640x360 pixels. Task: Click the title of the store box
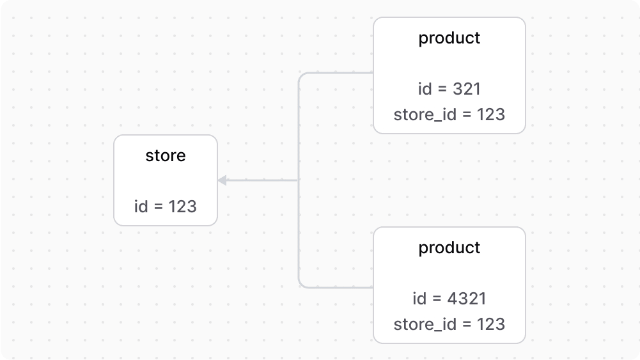click(166, 156)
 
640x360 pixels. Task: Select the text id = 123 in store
click(166, 207)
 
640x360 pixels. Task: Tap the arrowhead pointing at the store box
click(222, 180)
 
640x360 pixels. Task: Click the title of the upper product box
click(449, 38)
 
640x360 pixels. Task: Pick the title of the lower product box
click(449, 248)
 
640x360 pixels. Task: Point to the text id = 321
click(449, 89)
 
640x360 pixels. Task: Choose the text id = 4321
click(449, 299)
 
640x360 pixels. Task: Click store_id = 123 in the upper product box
click(449, 115)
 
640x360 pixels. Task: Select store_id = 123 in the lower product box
click(449, 325)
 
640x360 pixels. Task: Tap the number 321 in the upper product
click(467, 89)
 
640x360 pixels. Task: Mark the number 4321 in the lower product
click(466, 299)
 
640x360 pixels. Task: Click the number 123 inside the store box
click(182, 207)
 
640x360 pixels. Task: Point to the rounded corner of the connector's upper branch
click(301, 75)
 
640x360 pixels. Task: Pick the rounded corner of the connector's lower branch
click(301, 285)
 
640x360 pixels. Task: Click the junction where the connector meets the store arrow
click(299, 180)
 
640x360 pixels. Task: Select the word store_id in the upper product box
click(421, 115)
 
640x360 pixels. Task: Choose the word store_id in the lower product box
click(421, 325)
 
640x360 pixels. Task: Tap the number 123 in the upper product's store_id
click(491, 115)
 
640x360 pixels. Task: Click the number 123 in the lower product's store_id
click(491, 325)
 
